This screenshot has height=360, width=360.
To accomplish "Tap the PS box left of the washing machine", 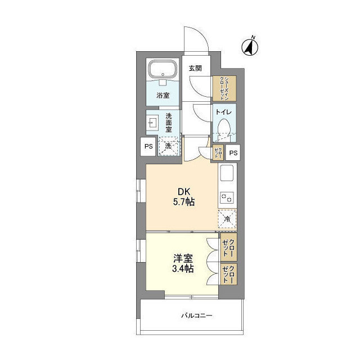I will coord(148,147).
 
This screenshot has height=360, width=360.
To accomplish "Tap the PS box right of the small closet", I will coord(233,152).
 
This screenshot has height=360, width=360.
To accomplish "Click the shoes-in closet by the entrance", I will coord(224,88).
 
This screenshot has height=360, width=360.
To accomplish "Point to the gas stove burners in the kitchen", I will coord(228,197).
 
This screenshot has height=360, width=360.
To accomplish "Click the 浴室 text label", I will coord(163,96).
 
